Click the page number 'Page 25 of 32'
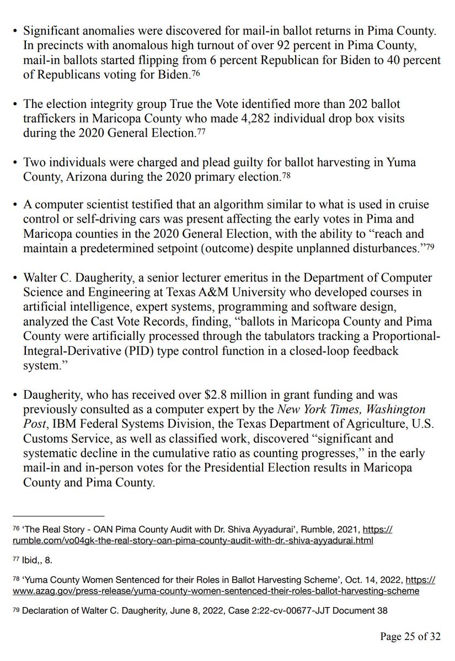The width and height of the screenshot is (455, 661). coord(410,637)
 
